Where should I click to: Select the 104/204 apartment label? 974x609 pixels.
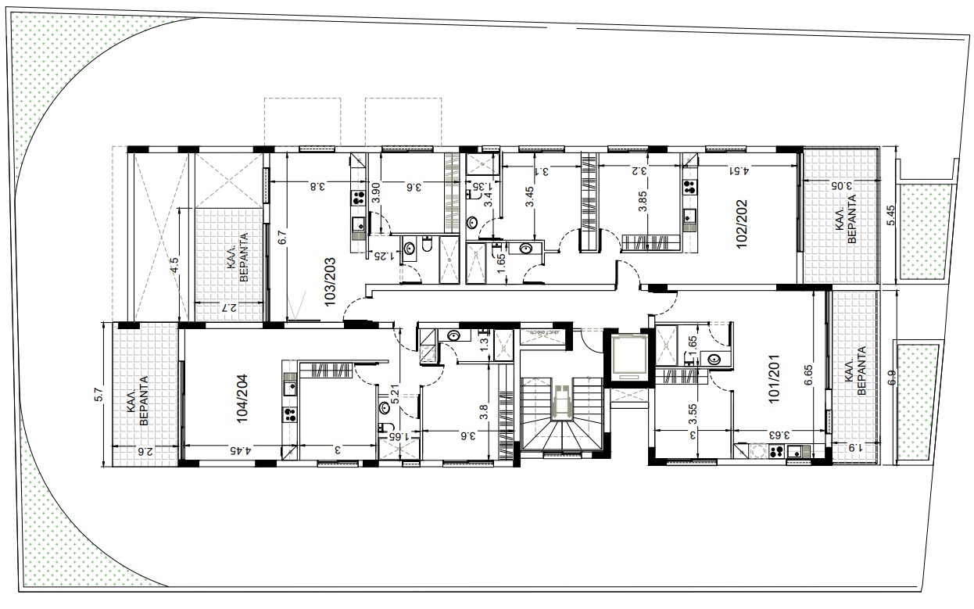coord(242,399)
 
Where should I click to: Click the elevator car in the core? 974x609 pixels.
coord(629,356)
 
